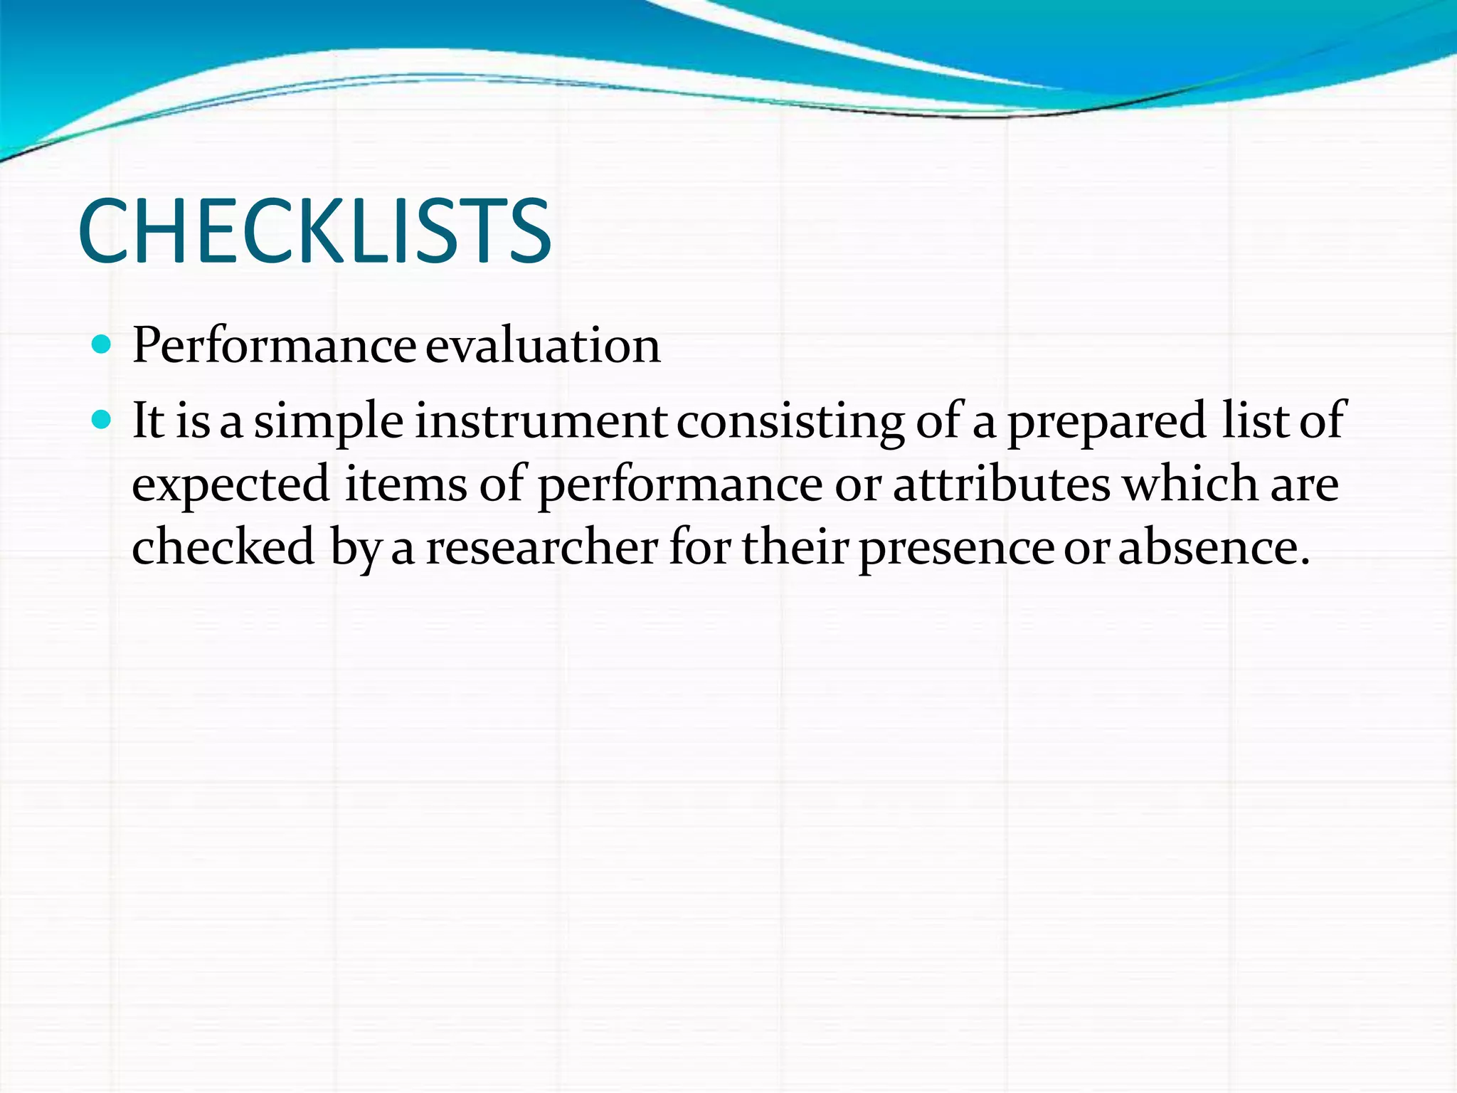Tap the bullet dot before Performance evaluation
click(102, 345)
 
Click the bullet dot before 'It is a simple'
click(102, 421)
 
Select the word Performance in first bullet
click(274, 346)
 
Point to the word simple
click(329, 422)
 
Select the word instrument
click(541, 421)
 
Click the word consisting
click(790, 422)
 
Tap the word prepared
click(1106, 422)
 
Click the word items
click(406, 484)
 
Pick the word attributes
click(1001, 484)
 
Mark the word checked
click(223, 546)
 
